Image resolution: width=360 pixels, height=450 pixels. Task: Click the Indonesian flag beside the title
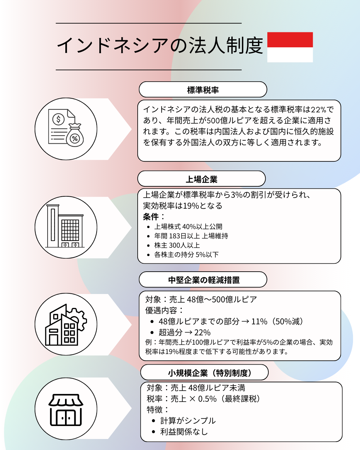(x=290, y=47)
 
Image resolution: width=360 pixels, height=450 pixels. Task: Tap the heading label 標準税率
(x=203, y=90)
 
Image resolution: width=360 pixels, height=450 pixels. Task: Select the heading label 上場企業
(x=201, y=179)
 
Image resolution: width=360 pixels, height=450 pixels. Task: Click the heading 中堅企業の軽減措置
(x=204, y=280)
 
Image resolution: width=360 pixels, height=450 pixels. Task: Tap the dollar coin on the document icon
(x=58, y=119)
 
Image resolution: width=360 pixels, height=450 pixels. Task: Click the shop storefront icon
(x=66, y=410)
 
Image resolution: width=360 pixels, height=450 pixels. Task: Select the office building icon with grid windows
(x=65, y=226)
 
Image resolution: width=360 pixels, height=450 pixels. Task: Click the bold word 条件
(x=151, y=217)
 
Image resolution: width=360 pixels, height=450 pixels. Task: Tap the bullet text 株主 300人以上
(x=177, y=245)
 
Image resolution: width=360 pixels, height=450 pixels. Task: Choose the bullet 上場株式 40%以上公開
(x=188, y=226)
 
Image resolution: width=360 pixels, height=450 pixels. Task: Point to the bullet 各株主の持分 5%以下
(x=186, y=254)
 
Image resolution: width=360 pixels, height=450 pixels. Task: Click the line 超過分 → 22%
(x=184, y=332)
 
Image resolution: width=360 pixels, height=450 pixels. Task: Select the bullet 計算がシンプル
(x=188, y=421)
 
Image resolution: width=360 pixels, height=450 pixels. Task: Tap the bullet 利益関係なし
(x=184, y=432)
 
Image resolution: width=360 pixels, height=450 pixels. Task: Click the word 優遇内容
(x=161, y=310)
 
